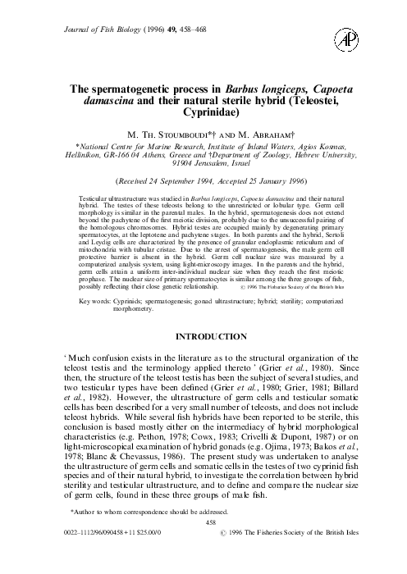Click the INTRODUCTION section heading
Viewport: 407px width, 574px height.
(x=203, y=358)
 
